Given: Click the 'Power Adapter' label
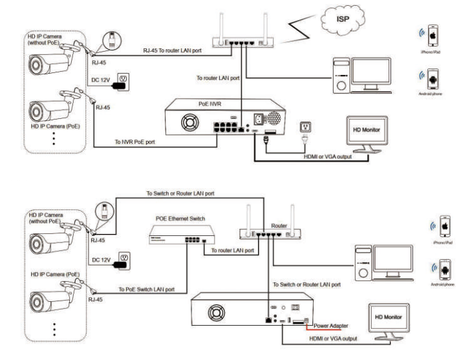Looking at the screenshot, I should (331, 326).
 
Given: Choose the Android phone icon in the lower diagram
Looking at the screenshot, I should (445, 268).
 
